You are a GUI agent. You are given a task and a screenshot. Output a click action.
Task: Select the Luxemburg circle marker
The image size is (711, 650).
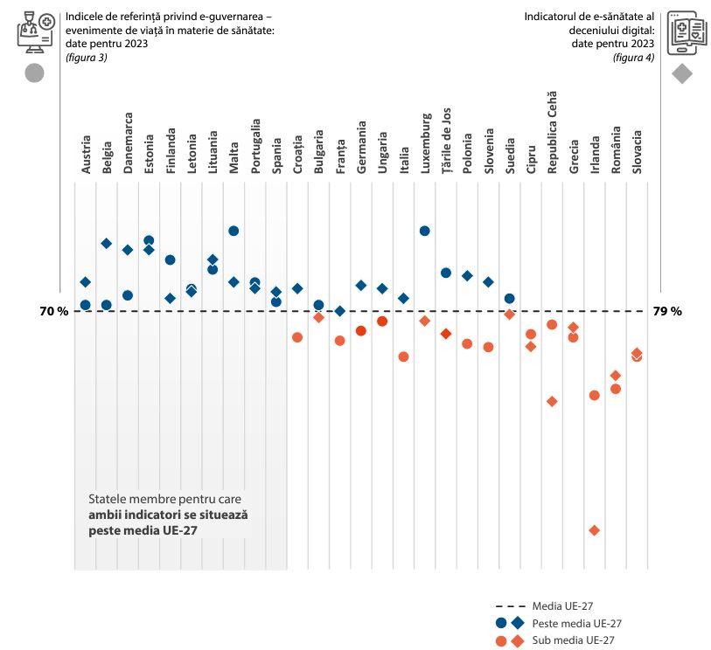click(424, 231)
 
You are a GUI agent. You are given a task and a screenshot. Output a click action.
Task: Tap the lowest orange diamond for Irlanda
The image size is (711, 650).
click(594, 530)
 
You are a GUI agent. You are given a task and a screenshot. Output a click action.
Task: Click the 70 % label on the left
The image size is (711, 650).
click(54, 311)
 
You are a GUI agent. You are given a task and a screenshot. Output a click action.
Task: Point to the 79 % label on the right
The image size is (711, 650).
click(667, 311)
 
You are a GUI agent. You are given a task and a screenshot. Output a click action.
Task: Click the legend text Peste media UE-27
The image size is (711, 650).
click(576, 623)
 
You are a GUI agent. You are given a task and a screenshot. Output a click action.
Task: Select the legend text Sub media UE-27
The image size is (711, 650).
click(573, 640)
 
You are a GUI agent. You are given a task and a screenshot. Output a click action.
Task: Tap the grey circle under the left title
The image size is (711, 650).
click(34, 73)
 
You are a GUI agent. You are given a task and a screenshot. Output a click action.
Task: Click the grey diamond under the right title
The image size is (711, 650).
click(682, 74)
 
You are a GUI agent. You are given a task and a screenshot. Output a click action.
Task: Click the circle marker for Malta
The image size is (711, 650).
click(234, 231)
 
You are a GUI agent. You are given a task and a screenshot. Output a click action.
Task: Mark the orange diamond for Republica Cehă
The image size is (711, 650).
click(552, 401)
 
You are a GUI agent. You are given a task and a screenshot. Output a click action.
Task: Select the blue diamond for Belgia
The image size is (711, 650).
click(107, 243)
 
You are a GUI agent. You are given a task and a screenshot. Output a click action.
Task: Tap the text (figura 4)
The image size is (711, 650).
click(633, 57)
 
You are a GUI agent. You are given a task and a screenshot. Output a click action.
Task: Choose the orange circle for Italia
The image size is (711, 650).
click(403, 356)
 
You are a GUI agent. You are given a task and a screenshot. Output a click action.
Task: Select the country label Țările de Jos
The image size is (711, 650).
click(446, 141)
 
